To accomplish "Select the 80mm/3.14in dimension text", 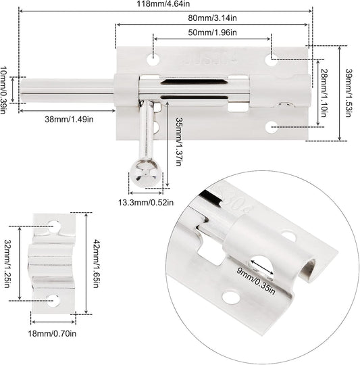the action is click(212, 18).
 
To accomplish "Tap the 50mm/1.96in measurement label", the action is click(212, 32).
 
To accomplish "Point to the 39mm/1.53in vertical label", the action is click(348, 93).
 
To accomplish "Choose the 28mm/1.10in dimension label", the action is click(324, 93).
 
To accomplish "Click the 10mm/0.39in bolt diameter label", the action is click(3, 90).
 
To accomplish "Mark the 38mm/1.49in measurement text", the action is click(69, 120).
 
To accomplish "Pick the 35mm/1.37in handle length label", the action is click(178, 141).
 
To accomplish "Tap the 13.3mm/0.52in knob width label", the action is click(146, 203).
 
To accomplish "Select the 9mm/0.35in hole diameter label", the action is click(256, 281).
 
